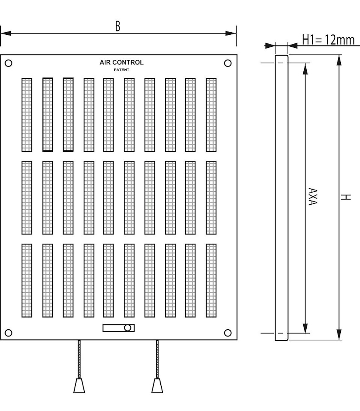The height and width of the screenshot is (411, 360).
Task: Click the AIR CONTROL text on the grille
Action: (121, 62)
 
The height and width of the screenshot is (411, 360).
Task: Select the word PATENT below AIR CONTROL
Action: (121, 70)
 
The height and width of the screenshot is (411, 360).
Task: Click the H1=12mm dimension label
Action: (328, 40)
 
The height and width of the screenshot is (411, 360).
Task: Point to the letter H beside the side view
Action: (347, 197)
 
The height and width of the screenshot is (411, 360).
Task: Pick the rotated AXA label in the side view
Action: (313, 197)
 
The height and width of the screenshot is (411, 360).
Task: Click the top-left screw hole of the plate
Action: (9, 63)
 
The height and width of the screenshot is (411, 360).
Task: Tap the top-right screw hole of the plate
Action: (228, 63)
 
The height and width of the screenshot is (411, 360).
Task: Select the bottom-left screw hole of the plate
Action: (9, 333)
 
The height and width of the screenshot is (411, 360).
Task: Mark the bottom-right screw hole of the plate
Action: (228, 333)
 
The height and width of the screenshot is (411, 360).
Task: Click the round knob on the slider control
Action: (128, 328)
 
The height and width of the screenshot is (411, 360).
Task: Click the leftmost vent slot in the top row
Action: (27, 115)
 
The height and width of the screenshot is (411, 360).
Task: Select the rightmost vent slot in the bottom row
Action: (211, 280)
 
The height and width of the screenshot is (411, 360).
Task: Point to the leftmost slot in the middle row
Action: (27, 197)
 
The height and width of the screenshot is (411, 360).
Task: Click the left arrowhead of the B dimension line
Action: (5, 33)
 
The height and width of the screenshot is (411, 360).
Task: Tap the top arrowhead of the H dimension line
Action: (339, 60)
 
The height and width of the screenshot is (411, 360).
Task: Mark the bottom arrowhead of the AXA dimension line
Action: (305, 328)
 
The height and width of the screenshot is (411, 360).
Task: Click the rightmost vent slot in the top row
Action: (211, 115)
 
